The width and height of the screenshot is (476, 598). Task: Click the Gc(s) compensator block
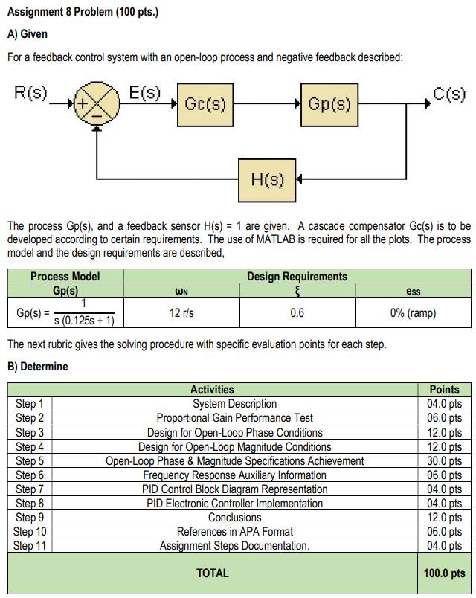point(205,105)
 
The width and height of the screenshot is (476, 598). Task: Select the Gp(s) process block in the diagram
point(329,105)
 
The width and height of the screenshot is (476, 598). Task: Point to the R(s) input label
point(30,94)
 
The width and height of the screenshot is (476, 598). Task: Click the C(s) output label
point(449,94)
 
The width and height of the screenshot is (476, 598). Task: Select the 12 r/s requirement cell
point(181,313)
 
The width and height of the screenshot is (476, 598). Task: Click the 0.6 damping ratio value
point(297,313)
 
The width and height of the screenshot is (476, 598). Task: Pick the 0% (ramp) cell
point(413,313)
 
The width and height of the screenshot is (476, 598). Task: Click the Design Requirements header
point(297,277)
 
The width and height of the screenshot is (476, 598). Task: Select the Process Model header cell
point(65,277)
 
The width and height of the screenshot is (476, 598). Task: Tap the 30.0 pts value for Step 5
point(445,461)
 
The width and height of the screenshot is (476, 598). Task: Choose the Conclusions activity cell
point(235,518)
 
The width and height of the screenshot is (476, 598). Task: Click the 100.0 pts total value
point(445,573)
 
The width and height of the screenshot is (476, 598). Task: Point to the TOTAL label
point(213,573)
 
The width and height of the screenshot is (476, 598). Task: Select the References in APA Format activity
point(235,532)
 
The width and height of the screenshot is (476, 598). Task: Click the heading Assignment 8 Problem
point(82,13)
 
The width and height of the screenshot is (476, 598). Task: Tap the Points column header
point(445,389)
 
